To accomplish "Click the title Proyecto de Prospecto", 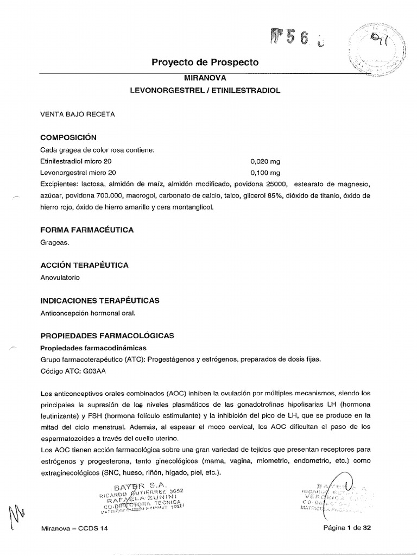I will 205,62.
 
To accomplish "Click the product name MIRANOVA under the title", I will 205,78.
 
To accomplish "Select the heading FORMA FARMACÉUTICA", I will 87,230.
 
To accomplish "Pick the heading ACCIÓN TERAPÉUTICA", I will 84,266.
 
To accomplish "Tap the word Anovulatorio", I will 60,277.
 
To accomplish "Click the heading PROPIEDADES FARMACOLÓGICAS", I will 107,336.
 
